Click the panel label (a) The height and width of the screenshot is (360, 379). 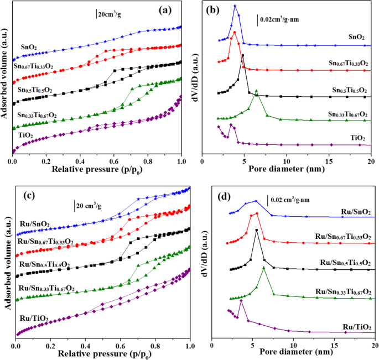pyautogui.click(x=168, y=10)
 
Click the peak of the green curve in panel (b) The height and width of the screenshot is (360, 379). pyautogui.click(x=256, y=91)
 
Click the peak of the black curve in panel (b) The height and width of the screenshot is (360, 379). pyautogui.click(x=243, y=55)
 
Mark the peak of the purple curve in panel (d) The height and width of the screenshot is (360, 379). pyautogui.click(x=241, y=300)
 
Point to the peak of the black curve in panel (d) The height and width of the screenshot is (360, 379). pyautogui.click(x=256, y=230)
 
